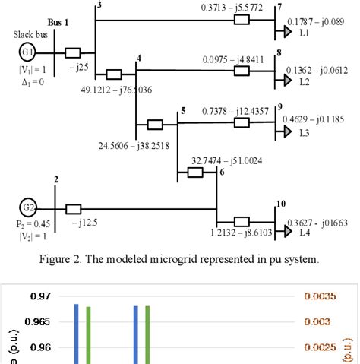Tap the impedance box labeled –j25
[x=73, y=54]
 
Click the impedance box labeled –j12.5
[x=74, y=207]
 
